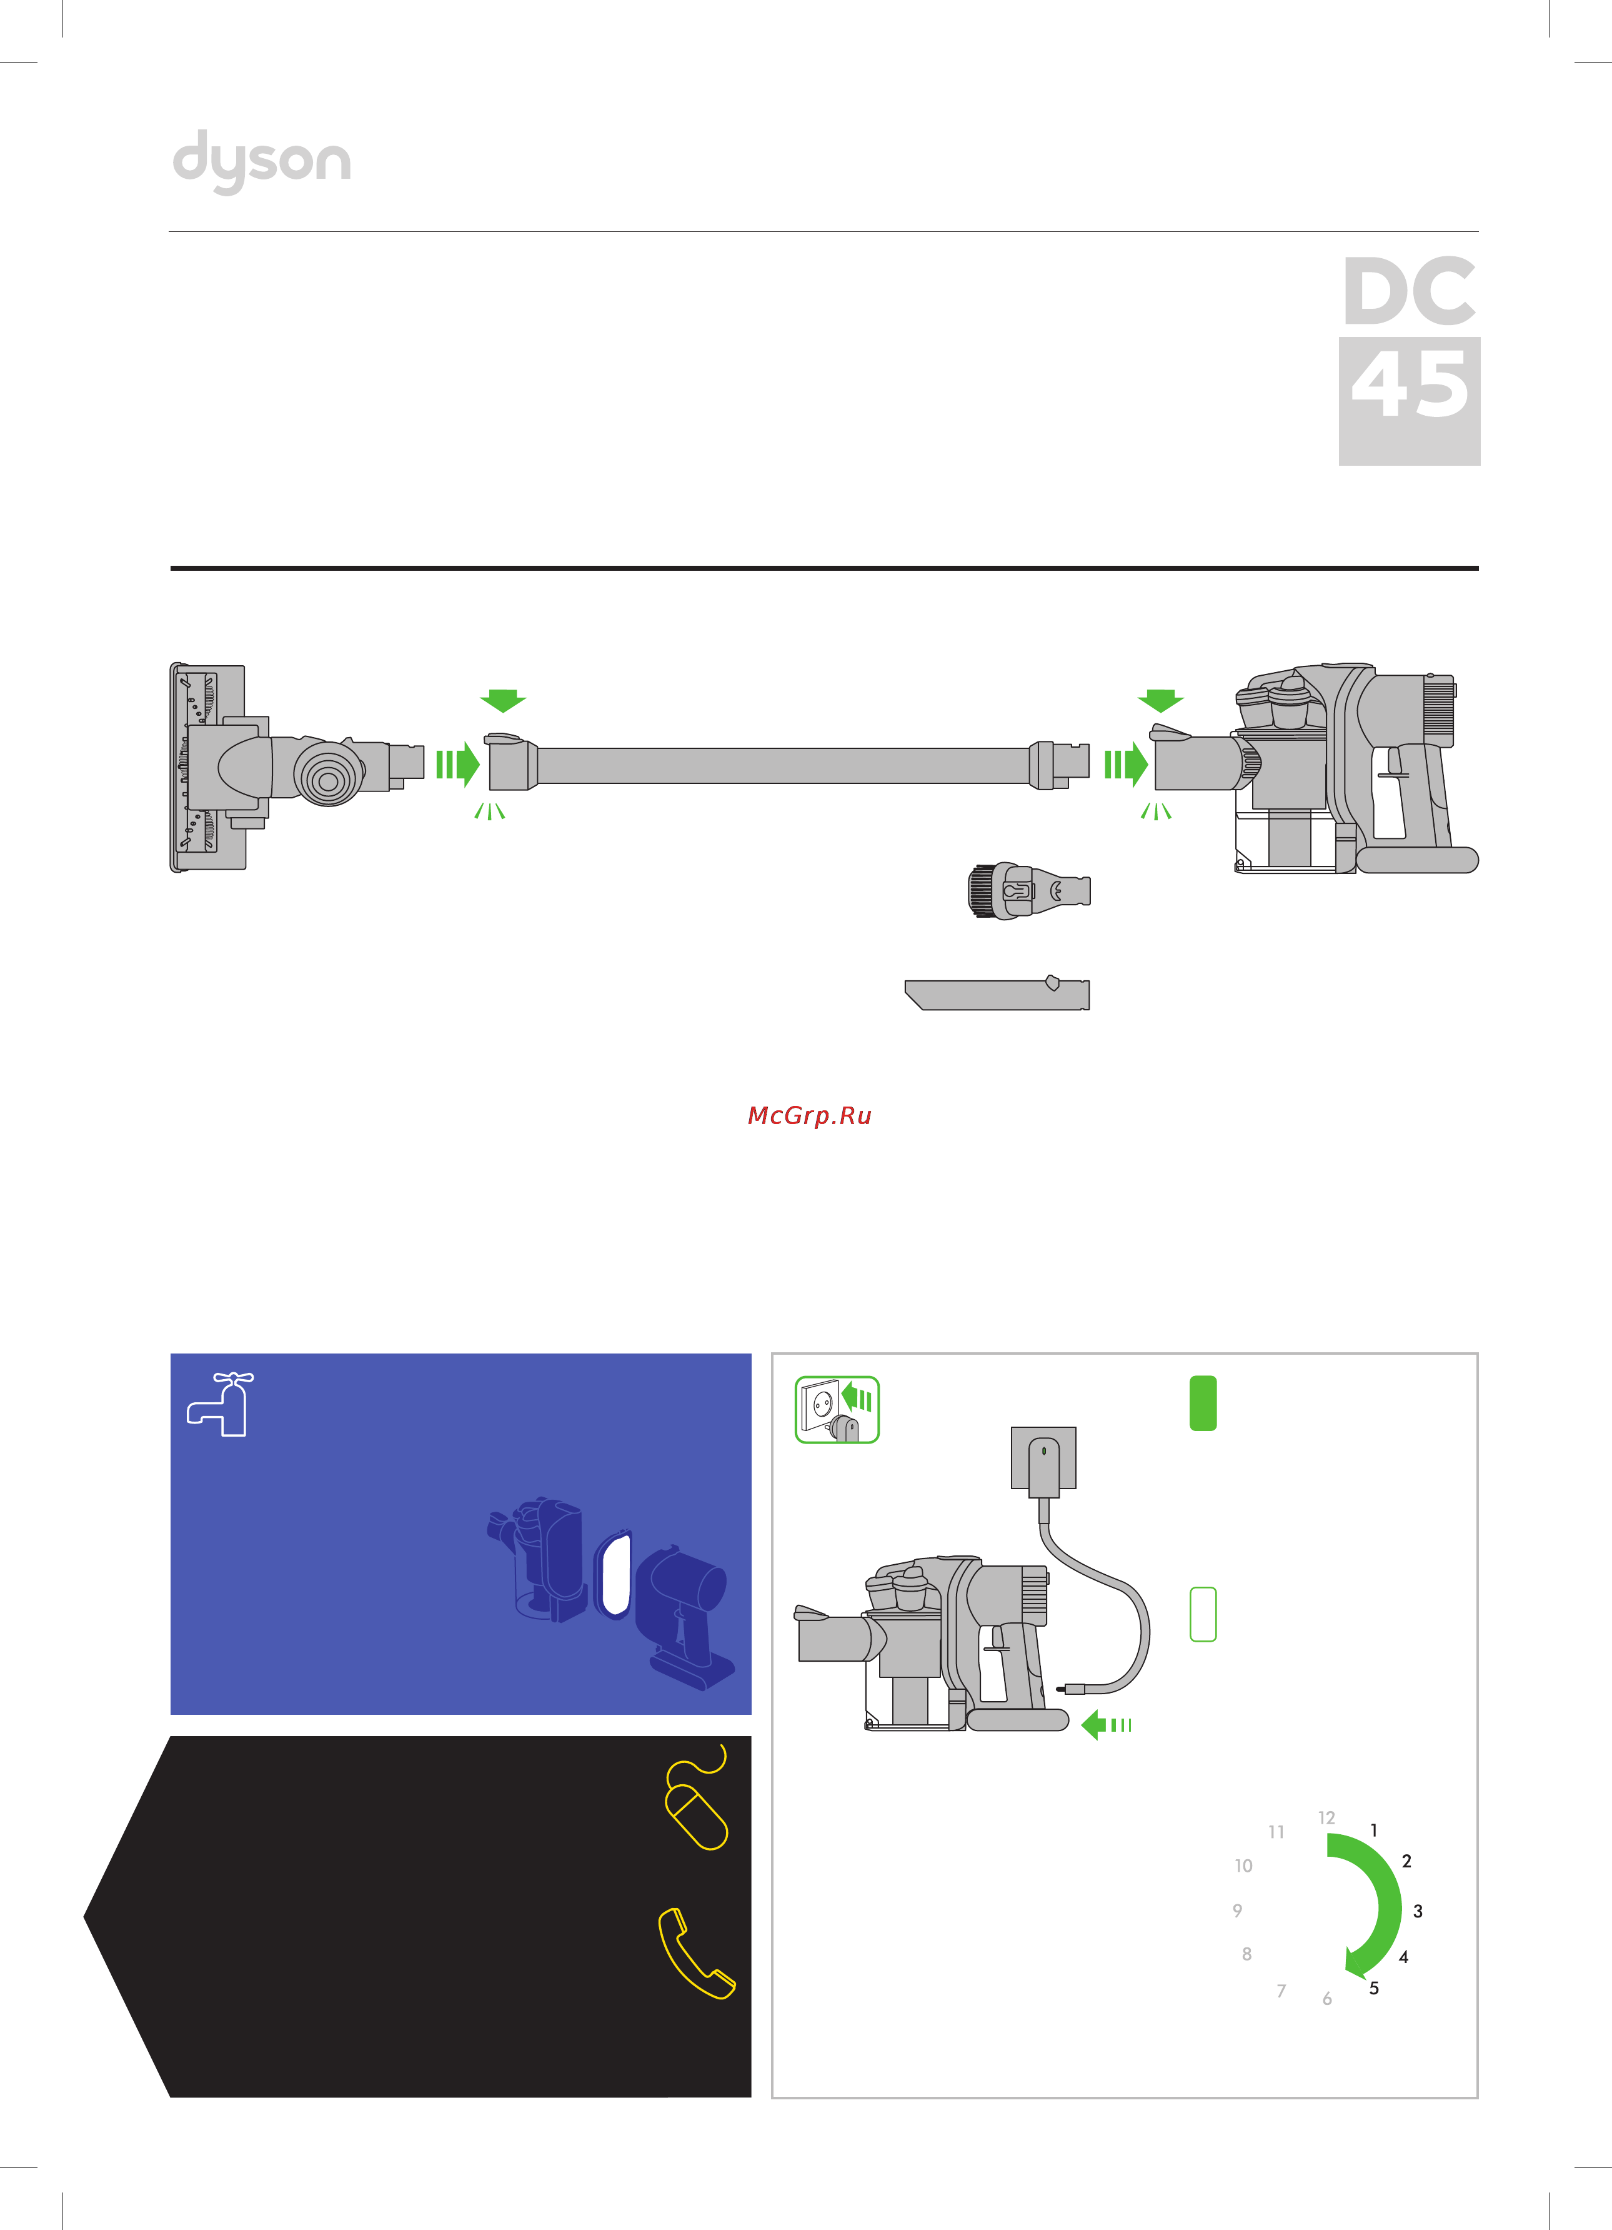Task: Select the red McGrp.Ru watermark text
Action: coord(809,1116)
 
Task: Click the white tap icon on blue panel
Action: coord(220,1404)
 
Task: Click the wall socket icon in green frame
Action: coord(837,1410)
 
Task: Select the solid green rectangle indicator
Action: coord(1203,1403)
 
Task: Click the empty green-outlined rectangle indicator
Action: coord(1203,1614)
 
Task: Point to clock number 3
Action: coord(1418,1911)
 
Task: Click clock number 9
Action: coord(1238,1911)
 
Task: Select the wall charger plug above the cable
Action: coord(1043,1462)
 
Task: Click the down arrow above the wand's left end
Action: coord(503,700)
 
